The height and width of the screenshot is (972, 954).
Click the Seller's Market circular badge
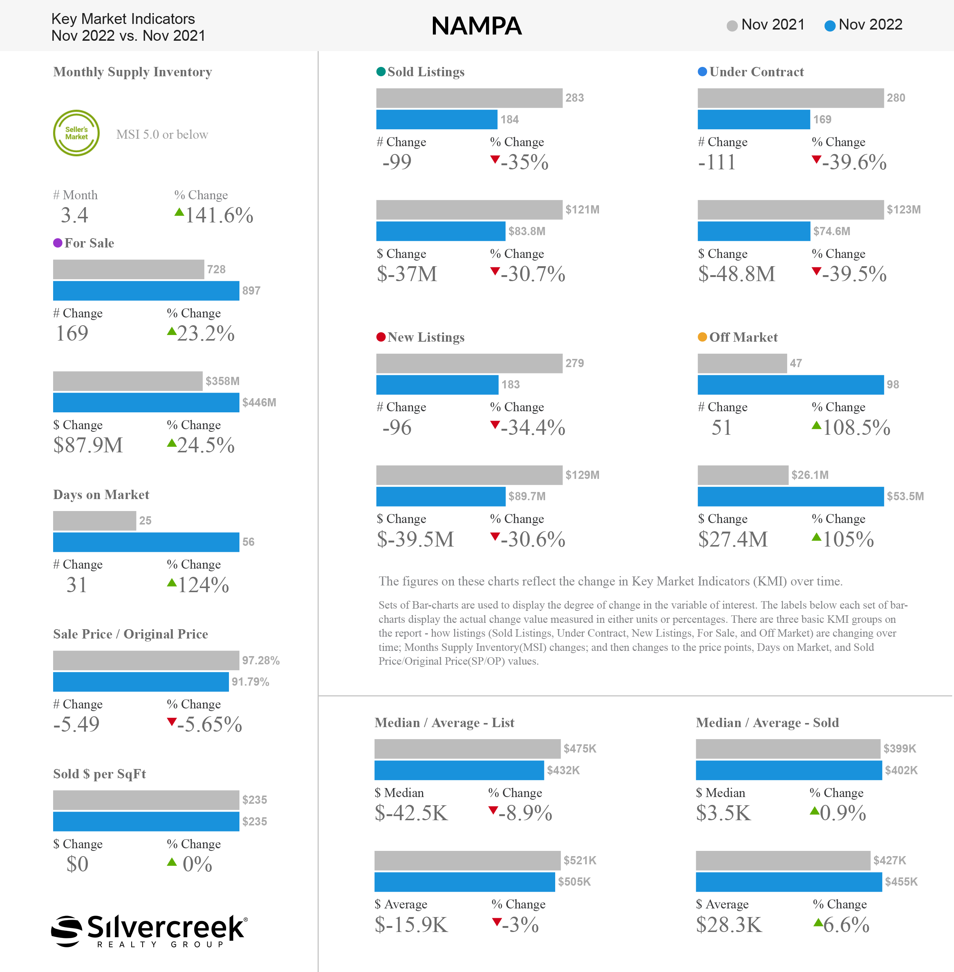coord(76,133)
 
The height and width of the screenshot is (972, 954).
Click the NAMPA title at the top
coord(477,26)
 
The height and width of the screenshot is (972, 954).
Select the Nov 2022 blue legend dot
coord(830,25)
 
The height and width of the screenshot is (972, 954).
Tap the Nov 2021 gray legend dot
coord(732,25)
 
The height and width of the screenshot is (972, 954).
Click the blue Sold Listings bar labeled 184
coord(437,120)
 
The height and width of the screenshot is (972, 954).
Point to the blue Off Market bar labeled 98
coord(791,385)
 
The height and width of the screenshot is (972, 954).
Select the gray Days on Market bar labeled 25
coord(95,521)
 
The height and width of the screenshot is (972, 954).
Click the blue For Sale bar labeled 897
coord(146,291)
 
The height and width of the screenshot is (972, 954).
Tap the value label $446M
coord(259,403)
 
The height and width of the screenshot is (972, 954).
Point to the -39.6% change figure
coord(854,162)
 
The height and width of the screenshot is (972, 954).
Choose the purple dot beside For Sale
coord(58,243)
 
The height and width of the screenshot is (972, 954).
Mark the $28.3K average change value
coord(729,925)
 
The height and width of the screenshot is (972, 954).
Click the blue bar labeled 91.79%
coord(141,682)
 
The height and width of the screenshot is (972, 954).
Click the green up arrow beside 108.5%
coord(817,425)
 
